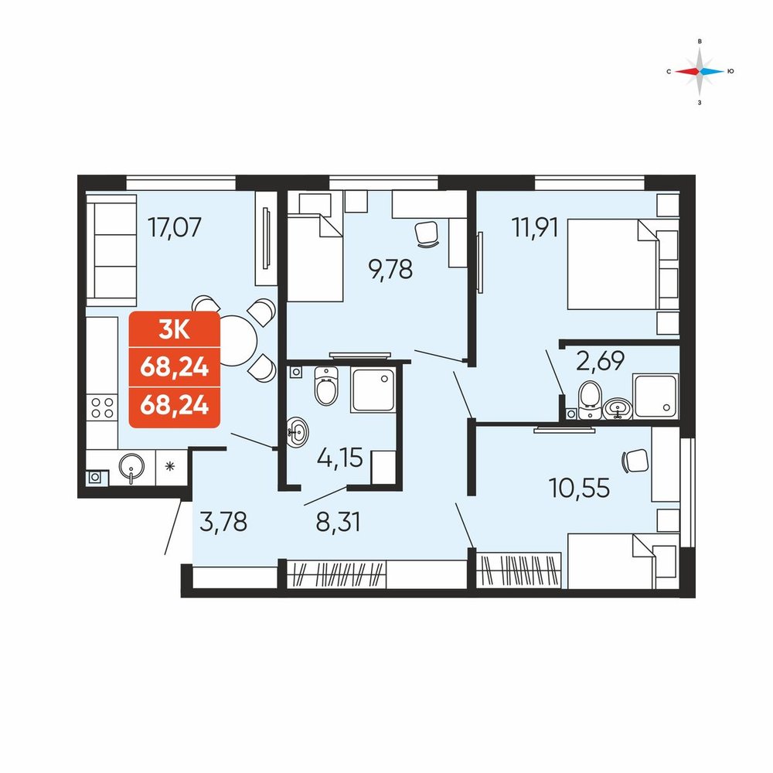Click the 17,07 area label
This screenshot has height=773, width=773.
[175, 228]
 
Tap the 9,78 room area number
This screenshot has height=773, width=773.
[390, 270]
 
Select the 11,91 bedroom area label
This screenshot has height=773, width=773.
[535, 227]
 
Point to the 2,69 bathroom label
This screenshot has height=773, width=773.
[600, 360]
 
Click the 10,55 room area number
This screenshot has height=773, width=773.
[579, 488]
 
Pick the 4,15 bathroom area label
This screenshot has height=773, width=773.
[339, 458]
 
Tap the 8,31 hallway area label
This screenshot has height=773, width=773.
[338, 522]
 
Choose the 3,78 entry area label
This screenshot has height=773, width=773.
[223, 522]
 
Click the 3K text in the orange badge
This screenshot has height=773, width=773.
[174, 329]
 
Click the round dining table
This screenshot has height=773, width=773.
[237, 340]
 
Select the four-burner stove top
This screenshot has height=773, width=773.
[102, 408]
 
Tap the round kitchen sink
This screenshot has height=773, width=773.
[131, 467]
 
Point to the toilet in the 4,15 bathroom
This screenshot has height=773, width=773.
[326, 386]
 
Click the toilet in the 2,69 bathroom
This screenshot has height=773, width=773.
[590, 400]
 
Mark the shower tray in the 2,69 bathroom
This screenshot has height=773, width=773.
[656, 397]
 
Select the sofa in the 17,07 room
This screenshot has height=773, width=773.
[111, 250]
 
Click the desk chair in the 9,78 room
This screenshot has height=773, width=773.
[427, 233]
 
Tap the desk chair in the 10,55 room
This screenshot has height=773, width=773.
[635, 461]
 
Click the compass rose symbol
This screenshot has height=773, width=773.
[700, 72]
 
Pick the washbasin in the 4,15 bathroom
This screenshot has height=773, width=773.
[298, 432]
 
